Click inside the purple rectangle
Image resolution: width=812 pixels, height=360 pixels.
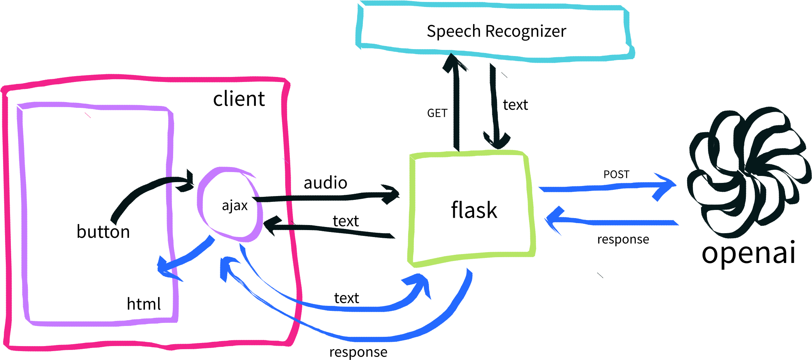[97, 213]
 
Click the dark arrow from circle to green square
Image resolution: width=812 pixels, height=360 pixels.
[329, 198]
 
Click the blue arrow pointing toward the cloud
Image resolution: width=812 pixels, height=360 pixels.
[603, 188]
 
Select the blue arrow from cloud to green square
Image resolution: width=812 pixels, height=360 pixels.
[615, 222]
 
